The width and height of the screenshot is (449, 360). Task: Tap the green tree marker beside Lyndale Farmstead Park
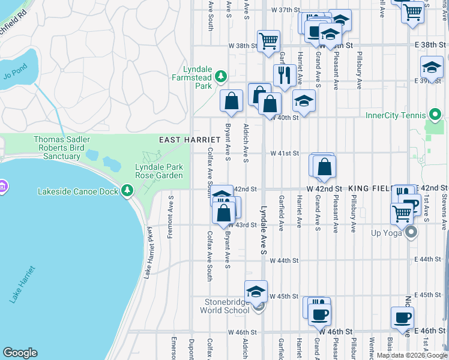click(x=221, y=76)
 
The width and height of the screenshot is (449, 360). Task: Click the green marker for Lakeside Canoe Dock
click(x=127, y=190)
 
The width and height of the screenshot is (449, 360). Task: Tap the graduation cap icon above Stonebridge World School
click(x=256, y=292)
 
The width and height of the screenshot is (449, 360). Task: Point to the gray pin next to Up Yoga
click(x=411, y=232)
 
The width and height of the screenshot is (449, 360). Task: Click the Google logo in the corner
click(x=20, y=353)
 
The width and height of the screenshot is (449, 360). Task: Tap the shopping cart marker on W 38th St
click(x=268, y=41)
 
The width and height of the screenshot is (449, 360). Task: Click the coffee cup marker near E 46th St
click(x=402, y=317)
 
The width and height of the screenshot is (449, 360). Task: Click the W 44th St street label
click(x=284, y=260)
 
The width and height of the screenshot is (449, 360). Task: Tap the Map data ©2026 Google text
click(x=411, y=356)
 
